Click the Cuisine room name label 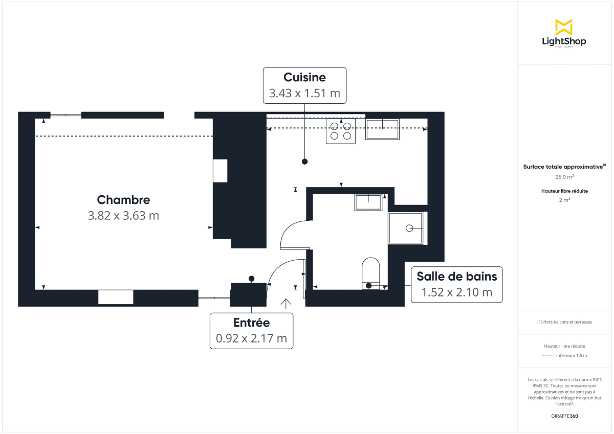point(304,77)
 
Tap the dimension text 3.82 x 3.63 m point(123,216)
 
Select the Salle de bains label point(456,277)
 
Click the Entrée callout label point(251,323)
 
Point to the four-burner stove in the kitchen point(341,131)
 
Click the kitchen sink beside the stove point(382,129)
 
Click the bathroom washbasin point(368,202)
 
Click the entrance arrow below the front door point(286,304)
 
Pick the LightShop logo point(564,33)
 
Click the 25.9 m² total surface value point(564,177)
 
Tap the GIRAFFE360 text point(564,416)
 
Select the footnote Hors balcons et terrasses point(564,322)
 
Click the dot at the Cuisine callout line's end point(304,162)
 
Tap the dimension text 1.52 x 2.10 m point(456,292)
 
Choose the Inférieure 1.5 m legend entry point(571,355)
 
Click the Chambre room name point(123,200)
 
